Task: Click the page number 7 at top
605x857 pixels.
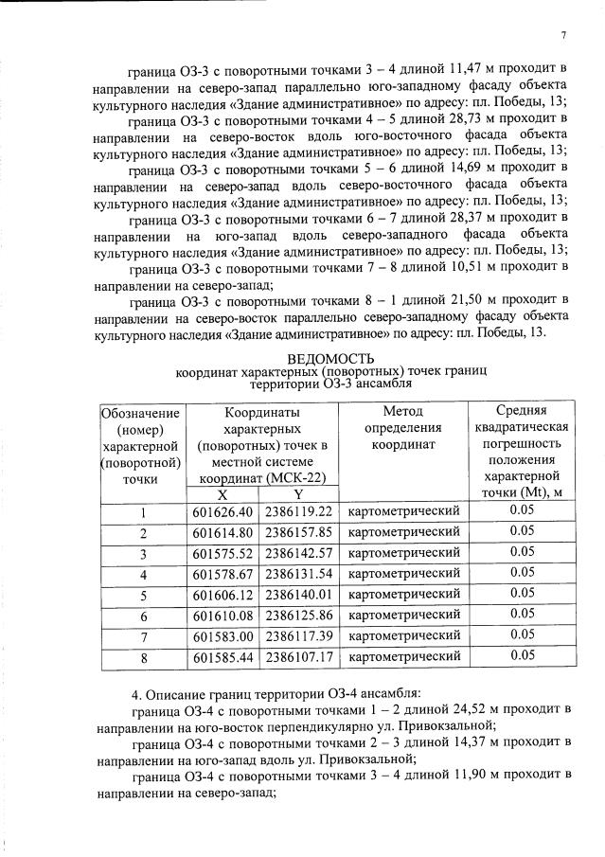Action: (x=563, y=35)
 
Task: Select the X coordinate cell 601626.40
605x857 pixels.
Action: (x=222, y=511)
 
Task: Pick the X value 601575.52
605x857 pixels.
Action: (x=222, y=553)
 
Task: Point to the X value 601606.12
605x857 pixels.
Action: (x=222, y=594)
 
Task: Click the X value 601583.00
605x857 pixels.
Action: (x=222, y=635)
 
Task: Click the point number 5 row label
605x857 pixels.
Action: (x=142, y=594)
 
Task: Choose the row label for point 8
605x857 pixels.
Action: (x=142, y=655)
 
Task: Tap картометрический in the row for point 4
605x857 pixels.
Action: (x=404, y=574)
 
